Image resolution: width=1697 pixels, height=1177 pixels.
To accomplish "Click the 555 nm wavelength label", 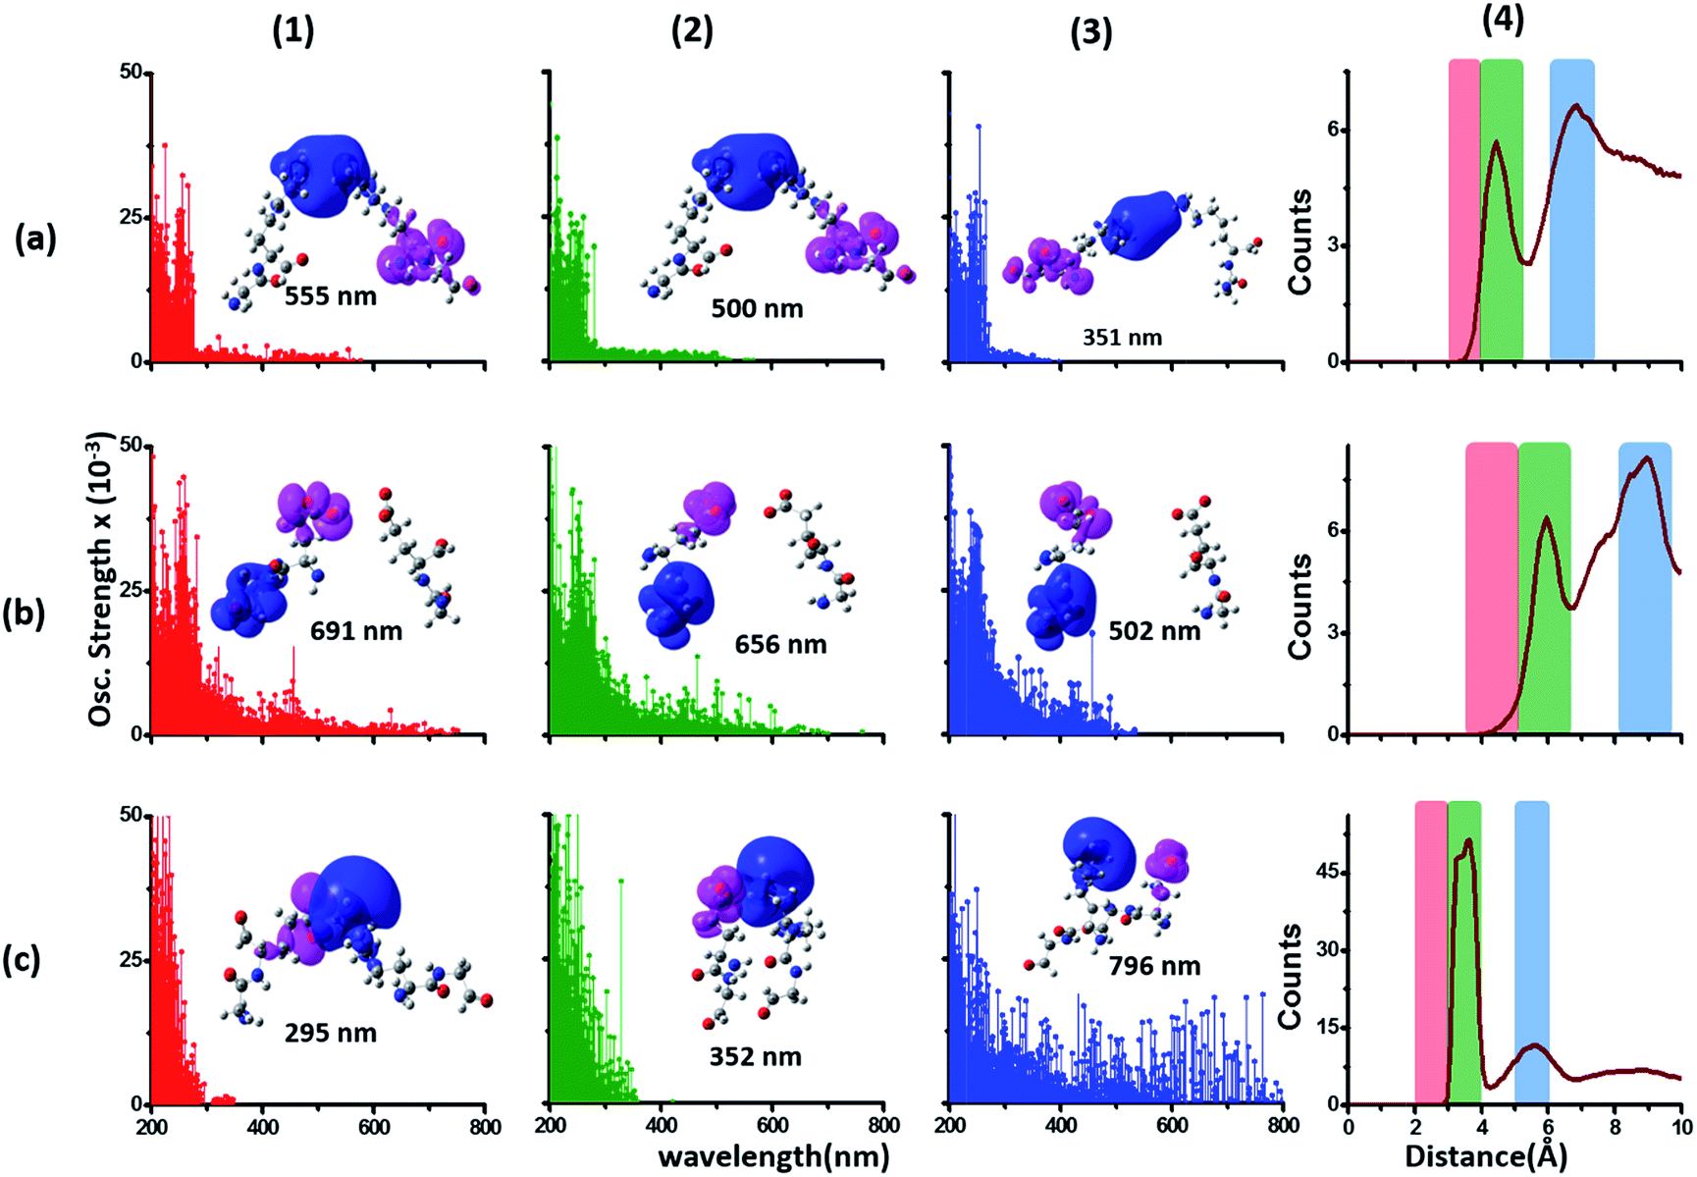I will [331, 295].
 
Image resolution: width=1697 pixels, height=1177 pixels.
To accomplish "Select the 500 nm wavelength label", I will [757, 309].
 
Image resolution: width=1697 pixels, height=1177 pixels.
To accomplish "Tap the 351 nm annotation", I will [1122, 338].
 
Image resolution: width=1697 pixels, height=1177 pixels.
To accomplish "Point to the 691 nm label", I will [356, 630].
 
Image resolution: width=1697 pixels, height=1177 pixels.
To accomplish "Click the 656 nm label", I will [780, 645].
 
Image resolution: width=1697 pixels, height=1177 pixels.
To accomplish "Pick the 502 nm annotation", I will [1154, 631].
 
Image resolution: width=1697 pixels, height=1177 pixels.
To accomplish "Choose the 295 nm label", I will [331, 1033].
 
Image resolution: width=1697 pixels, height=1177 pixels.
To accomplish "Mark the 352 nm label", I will [756, 1057].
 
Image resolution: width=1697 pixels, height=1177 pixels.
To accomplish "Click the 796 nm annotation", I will [1154, 966].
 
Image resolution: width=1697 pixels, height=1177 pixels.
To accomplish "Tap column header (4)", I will [1503, 21].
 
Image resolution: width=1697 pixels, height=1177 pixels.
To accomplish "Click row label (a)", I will [35, 239].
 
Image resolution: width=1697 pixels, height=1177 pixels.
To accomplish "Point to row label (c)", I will [22, 959].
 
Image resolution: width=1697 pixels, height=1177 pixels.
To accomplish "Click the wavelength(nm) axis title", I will [773, 1155].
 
